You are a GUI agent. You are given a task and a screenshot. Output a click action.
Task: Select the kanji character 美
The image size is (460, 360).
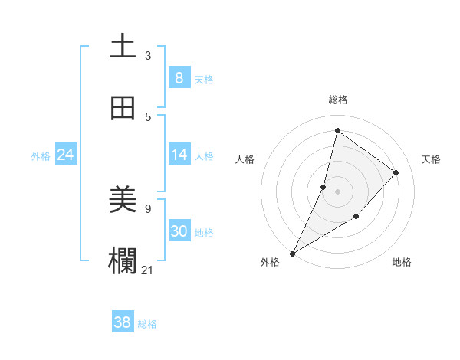pyautogui.click(x=123, y=201)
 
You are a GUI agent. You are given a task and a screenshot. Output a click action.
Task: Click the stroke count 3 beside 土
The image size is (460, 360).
pyautogui.click(x=148, y=56)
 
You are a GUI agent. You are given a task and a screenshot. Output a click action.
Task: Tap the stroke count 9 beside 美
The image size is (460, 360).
pyautogui.click(x=148, y=208)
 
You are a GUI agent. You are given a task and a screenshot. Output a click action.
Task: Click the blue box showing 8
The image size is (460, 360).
pyautogui.click(x=179, y=78)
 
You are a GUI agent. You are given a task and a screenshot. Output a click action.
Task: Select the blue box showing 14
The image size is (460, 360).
pyautogui.click(x=179, y=155)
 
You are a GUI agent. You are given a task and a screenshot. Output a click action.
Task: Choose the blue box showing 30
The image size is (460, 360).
pyautogui.click(x=179, y=231)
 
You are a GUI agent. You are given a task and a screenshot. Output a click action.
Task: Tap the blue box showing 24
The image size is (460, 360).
pyautogui.click(x=65, y=155)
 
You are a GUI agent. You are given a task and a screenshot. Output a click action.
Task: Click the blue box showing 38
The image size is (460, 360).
pyautogui.click(x=122, y=322)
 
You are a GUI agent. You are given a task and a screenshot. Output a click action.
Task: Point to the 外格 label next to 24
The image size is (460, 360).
pyautogui.click(x=41, y=156)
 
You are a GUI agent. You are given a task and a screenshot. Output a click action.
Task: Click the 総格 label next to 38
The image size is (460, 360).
pyautogui.click(x=147, y=324)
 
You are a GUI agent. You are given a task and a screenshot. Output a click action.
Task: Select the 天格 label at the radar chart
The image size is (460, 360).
pyautogui.click(x=431, y=159)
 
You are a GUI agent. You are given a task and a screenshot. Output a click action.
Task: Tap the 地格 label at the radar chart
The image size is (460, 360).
pyautogui.click(x=402, y=262)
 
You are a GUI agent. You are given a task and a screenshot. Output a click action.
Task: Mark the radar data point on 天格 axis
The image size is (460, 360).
pyautogui.click(x=396, y=172)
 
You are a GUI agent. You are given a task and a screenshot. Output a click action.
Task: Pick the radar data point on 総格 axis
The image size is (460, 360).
pyautogui.click(x=337, y=130)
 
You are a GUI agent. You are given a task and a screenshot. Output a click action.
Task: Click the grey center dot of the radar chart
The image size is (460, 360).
pyautogui.click(x=337, y=191)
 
